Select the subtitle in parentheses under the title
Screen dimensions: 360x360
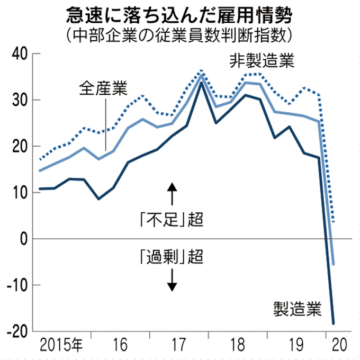tap(180, 36)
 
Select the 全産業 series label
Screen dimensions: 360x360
tap(104, 88)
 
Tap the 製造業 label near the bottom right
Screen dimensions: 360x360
tap(297, 308)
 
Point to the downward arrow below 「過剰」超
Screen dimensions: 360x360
tap(172, 280)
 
